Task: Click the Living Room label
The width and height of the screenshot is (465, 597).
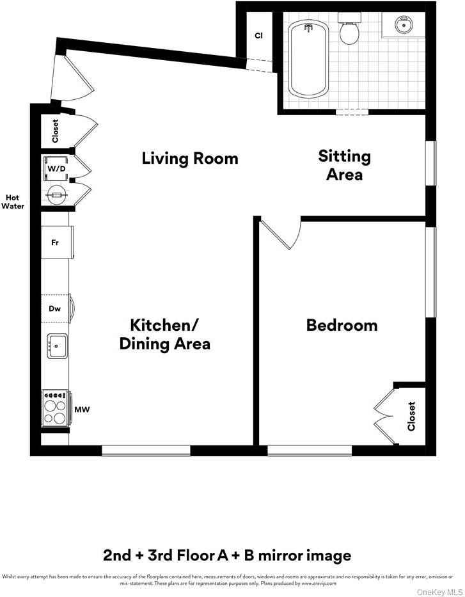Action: [189, 159]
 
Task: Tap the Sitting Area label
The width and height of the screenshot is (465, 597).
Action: [344, 165]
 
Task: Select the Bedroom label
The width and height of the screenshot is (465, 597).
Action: [342, 325]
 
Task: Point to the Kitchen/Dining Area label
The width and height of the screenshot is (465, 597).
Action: [165, 334]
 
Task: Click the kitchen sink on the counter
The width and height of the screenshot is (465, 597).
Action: [57, 346]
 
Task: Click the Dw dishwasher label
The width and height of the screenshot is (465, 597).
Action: [55, 309]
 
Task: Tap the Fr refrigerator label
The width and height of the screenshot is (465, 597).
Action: [56, 243]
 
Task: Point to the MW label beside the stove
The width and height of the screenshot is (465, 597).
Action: [82, 409]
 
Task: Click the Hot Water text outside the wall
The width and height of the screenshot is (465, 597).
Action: [13, 202]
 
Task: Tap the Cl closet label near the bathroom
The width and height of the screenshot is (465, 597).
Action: [259, 36]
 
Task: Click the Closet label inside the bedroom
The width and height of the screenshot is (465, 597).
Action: [411, 416]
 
